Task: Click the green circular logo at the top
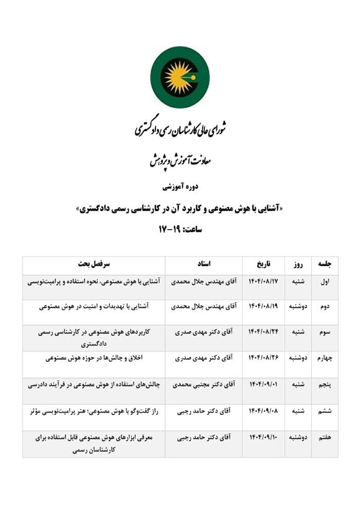coord(179,77)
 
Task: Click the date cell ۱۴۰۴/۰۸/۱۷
coord(263,282)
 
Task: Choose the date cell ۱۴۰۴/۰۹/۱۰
coord(263,438)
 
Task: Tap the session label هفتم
coord(325,438)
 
